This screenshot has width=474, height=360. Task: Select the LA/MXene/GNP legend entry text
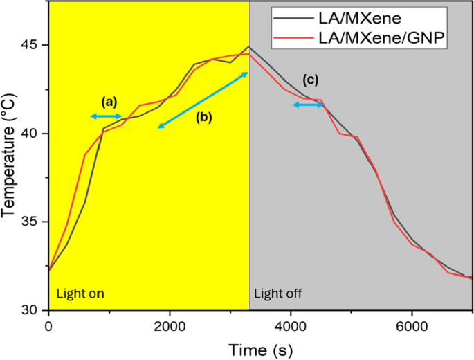380,41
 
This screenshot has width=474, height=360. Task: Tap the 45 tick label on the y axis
34,46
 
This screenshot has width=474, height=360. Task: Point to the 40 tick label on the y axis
34,134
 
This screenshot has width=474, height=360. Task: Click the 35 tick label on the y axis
34,222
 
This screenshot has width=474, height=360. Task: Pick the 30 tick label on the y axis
34,310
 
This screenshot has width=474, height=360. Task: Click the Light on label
80,294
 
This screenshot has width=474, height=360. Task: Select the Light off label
278,294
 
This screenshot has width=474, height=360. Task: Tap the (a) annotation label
109,101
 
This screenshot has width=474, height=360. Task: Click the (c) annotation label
311,80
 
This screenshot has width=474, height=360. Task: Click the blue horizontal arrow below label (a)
107,116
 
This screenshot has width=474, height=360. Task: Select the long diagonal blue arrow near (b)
203,99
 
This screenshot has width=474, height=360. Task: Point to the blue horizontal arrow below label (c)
308,105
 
